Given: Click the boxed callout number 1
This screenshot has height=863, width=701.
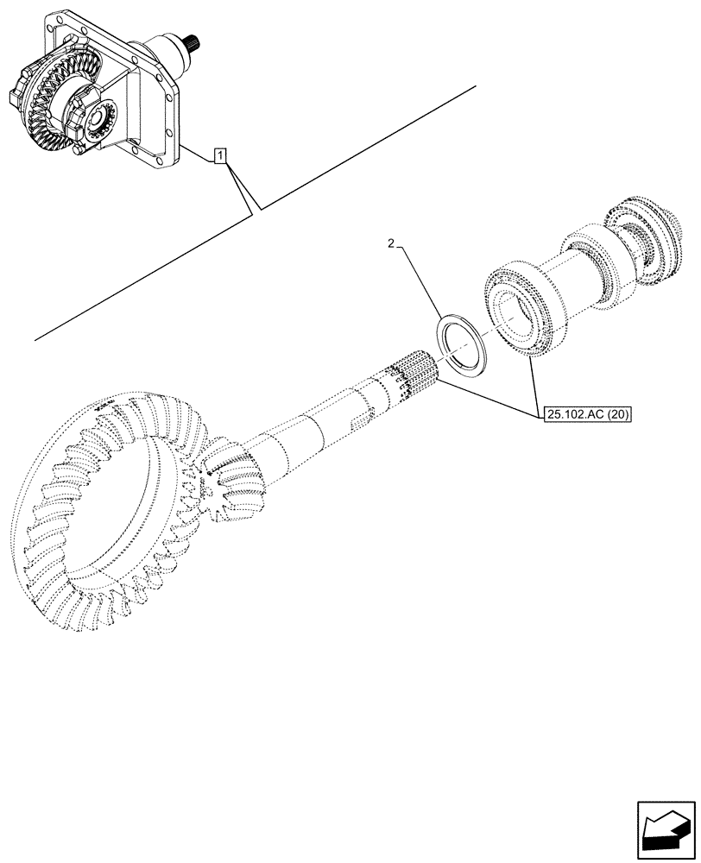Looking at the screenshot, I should pos(221,156).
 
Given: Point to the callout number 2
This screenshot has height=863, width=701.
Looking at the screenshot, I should pos(391,246).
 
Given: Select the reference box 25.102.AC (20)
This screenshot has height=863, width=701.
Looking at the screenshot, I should pos(588,414).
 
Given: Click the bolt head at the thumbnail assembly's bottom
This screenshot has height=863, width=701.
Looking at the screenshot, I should pos(80,150).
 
